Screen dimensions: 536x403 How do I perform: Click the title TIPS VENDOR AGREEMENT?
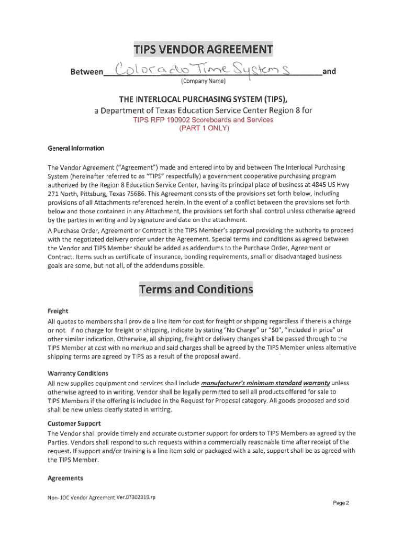(203, 50)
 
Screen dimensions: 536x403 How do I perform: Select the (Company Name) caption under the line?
(203, 82)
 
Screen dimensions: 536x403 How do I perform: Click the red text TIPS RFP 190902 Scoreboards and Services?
(203, 120)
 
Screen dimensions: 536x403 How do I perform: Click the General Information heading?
(76, 148)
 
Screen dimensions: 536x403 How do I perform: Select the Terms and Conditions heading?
(196, 289)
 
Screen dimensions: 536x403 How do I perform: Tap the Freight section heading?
(58, 310)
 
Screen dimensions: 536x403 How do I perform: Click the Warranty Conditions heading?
(77, 373)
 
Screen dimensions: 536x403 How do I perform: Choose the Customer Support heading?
(74, 423)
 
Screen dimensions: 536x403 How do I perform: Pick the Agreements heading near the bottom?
(65, 478)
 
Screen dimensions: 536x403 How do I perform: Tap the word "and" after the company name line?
(329, 72)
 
